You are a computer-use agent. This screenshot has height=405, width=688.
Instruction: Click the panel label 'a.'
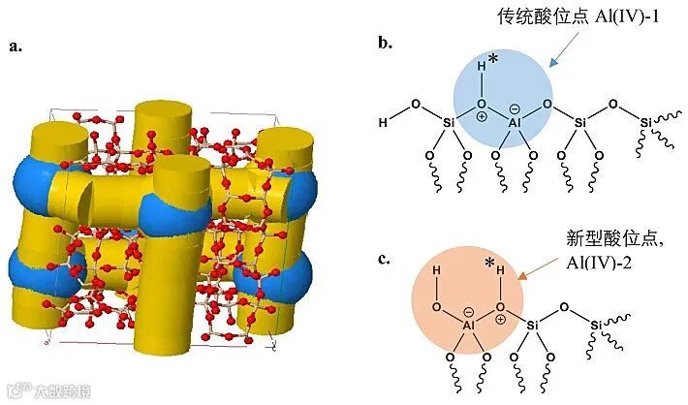16,46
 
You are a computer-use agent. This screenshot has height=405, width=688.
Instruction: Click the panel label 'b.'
385,43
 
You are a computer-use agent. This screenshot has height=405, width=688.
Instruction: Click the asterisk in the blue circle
493,60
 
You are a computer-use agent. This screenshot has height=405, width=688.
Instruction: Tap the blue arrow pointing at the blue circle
561,55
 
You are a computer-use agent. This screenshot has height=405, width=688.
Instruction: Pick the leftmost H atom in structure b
383,124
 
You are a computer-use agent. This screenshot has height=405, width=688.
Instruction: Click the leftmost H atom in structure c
436,272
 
